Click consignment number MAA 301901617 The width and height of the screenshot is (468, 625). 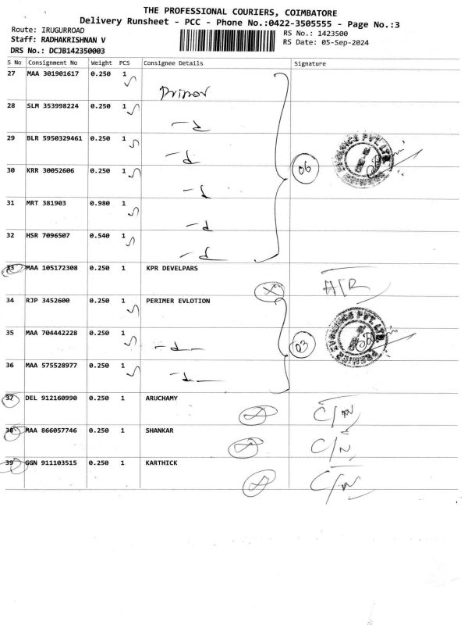tap(52, 73)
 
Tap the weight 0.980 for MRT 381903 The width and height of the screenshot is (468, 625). tap(101, 203)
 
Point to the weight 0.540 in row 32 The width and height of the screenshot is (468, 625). tap(101, 235)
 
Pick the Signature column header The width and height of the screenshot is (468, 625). tap(310, 62)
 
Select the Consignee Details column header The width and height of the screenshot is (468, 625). tap(172, 62)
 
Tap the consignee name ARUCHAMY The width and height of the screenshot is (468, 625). tap(161, 398)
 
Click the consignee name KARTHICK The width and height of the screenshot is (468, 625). tap(161, 462)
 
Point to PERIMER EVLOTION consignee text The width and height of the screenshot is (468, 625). tap(178, 300)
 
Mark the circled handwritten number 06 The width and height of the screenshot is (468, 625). tap(301, 168)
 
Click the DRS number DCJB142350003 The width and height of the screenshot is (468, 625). tap(66, 50)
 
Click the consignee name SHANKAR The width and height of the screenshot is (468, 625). tap(159, 430)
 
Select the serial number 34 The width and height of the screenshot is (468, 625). tap(11, 300)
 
